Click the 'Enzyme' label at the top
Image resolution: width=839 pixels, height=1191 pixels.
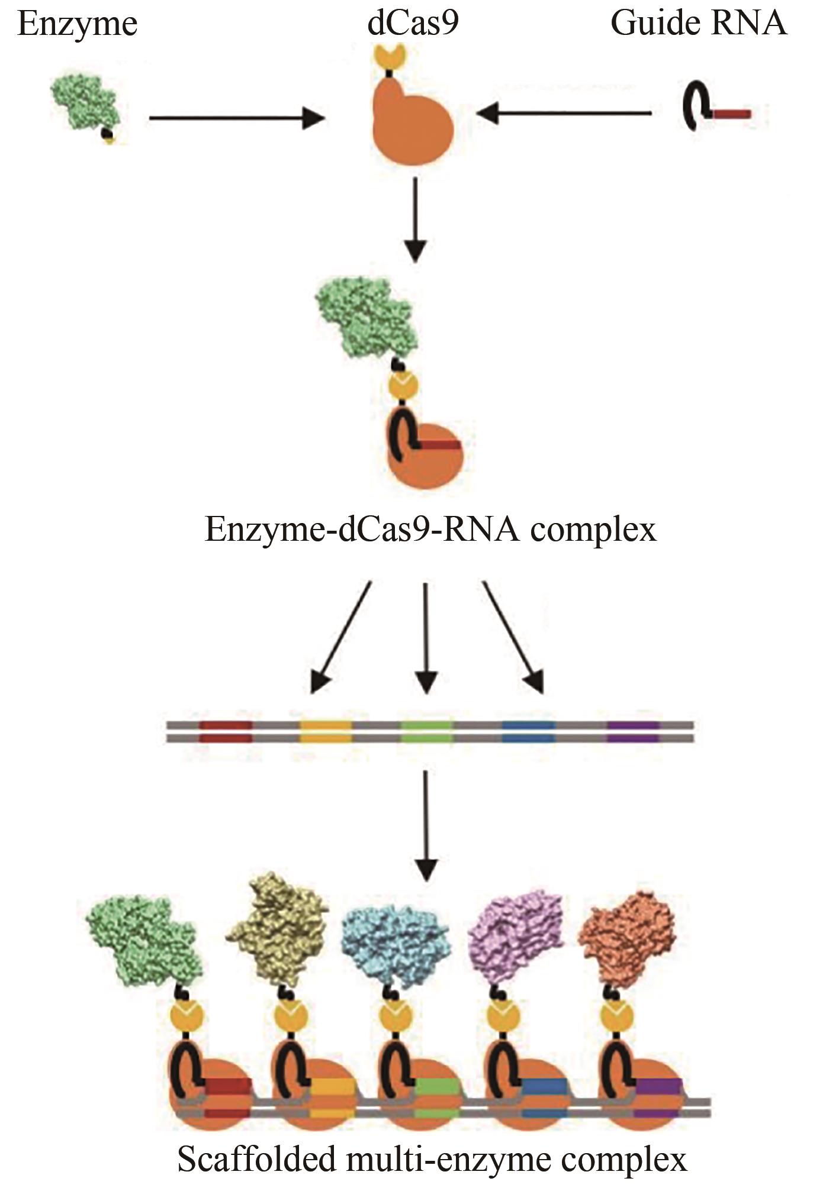coord(78,25)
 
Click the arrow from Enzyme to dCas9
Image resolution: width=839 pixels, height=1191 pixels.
coord(237,118)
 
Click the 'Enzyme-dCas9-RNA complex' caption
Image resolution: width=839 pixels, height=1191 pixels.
coord(430,528)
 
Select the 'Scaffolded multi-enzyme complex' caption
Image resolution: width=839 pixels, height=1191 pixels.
coord(432,1159)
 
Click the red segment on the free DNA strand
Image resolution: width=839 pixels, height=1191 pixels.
coord(226,731)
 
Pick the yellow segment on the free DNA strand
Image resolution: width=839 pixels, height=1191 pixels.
coord(326,731)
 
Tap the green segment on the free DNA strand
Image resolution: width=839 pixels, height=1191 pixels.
coord(427,731)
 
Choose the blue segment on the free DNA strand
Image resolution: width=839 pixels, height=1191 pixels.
coord(528,731)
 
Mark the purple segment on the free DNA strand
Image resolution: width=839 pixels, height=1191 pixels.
coord(633,731)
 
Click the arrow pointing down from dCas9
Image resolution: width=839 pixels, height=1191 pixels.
coord(416,219)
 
